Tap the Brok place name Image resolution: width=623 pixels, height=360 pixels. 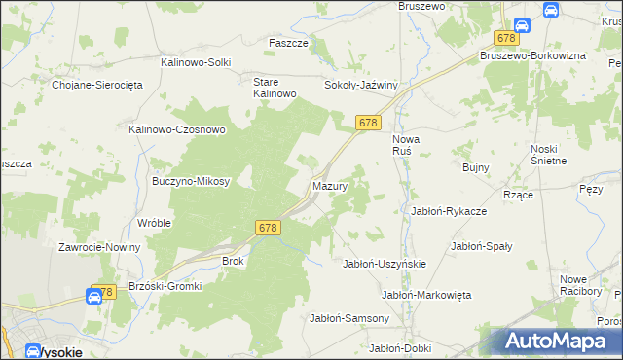[x=233, y=261]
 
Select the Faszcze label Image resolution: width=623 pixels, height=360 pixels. [x=288, y=44]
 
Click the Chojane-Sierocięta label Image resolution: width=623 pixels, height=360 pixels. [x=97, y=85]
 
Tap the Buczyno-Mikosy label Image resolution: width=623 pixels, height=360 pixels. [x=191, y=181]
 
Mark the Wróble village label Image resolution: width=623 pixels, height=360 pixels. [x=155, y=222]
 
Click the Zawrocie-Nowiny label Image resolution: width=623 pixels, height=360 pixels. [x=99, y=247]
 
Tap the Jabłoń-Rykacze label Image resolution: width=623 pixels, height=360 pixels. [x=449, y=210]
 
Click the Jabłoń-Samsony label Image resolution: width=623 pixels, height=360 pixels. [x=349, y=318]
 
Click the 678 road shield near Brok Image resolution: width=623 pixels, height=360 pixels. [x=270, y=227]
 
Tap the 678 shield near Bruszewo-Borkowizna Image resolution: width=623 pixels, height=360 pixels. [x=505, y=38]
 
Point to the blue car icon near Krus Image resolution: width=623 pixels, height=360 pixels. [x=550, y=9]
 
